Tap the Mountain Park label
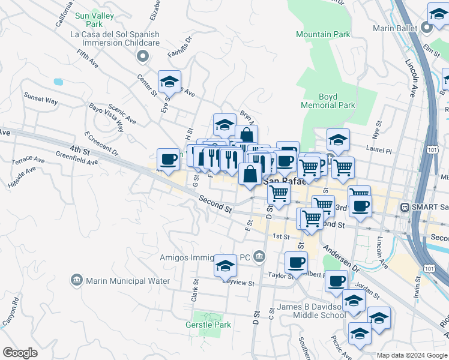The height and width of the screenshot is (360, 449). point(323,34)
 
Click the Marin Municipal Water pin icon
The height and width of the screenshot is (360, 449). point(76,280)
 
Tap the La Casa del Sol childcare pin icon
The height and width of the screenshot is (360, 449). point(142,56)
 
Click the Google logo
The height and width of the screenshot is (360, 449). point(20,353)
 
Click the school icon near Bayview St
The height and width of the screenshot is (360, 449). point(225,265)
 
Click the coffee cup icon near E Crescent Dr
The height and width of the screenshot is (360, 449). point(169,159)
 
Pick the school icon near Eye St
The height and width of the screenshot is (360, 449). point(170,81)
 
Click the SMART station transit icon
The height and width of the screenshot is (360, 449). point(405,207)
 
